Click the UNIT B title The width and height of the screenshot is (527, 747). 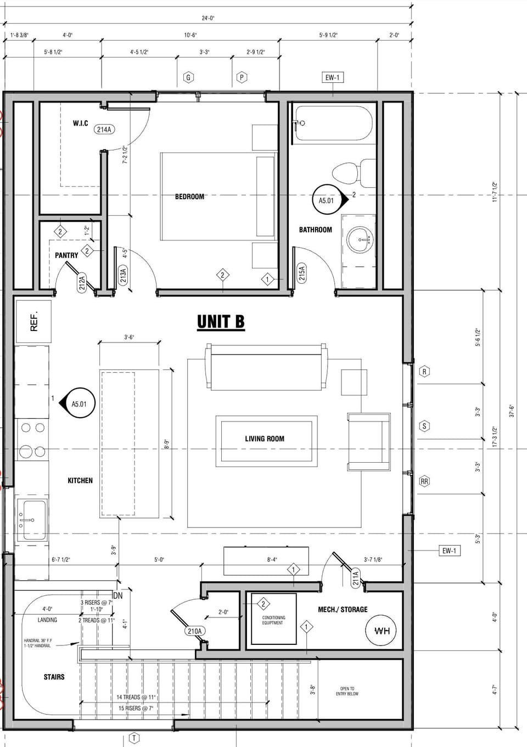221,322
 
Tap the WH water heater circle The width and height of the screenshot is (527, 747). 381,631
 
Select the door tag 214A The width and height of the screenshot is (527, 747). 104,130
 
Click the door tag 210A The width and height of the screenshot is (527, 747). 194,631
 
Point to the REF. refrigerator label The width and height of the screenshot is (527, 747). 34,321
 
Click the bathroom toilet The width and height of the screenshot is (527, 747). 351,171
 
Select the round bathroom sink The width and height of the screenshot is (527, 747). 360,240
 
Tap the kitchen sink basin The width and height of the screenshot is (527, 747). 32,519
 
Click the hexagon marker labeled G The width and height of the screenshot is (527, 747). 188,77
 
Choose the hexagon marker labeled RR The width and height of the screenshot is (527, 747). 424,481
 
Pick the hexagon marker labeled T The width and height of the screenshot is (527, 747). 134,739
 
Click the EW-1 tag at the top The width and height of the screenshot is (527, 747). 332,77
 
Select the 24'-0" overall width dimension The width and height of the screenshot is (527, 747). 208,18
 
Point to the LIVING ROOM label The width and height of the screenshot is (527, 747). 265,439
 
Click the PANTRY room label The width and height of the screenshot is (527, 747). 66,255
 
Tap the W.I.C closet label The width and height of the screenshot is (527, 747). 80,123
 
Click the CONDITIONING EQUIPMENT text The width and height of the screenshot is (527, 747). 273,620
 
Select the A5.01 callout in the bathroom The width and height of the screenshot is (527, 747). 327,200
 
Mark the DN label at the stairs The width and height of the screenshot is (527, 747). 117,596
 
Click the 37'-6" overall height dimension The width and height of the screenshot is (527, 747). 512,411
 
